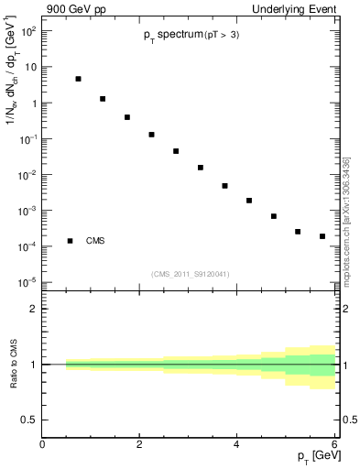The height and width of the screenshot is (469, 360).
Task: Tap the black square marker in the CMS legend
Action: pos(70,241)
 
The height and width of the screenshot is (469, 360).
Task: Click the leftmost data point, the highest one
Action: pos(79,80)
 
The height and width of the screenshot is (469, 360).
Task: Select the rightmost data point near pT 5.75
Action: pos(322,236)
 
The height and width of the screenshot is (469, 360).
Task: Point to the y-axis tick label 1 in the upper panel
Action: pos(32,103)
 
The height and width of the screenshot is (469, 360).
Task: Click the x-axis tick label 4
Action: pos(237,445)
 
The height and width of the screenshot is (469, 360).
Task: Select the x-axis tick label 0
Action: pos(42,445)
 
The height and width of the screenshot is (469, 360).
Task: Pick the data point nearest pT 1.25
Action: pos(103,99)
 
